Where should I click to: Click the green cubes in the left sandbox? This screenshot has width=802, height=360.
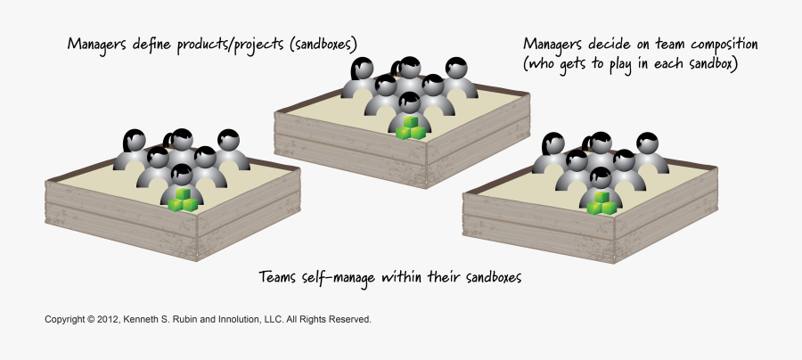[183, 200]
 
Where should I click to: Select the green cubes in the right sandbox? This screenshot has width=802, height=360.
[601, 203]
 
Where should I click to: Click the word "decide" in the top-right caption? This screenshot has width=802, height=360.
[608, 44]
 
